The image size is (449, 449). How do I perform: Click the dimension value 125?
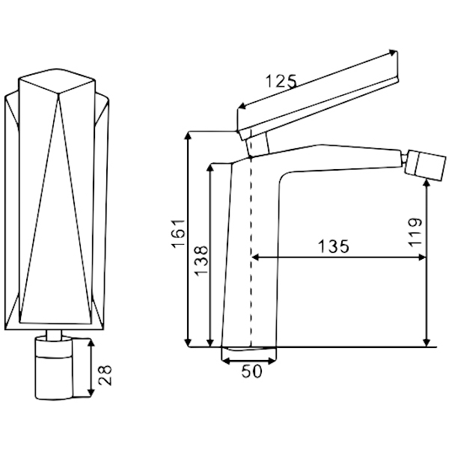coord(281,81)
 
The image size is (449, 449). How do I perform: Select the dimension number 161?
coord(178,233)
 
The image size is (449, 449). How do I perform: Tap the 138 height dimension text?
coord(201,260)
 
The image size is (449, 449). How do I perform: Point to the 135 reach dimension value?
coord(334,246)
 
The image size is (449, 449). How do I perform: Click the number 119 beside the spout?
coord(415,232)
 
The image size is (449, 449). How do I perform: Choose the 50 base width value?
coord(251,371)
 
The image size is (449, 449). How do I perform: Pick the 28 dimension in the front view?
coord(105,376)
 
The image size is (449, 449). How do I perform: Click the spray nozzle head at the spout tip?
coord(426,165)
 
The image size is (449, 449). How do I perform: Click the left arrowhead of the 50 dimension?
coord(225,361)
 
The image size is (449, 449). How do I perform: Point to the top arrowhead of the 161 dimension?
coord(188,136)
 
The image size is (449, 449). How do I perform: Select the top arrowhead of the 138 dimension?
coord(210,168)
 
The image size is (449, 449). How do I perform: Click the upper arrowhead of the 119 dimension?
coord(427,182)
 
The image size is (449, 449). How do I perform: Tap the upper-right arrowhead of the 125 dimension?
coord(393,52)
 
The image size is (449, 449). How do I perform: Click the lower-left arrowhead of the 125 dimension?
coord(242,106)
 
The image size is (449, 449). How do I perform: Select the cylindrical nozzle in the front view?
coord(54,368)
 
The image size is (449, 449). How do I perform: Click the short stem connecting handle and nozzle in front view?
coord(54,334)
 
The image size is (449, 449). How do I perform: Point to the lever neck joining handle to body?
coord(257,145)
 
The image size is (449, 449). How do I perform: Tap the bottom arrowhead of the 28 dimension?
coord(91,393)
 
